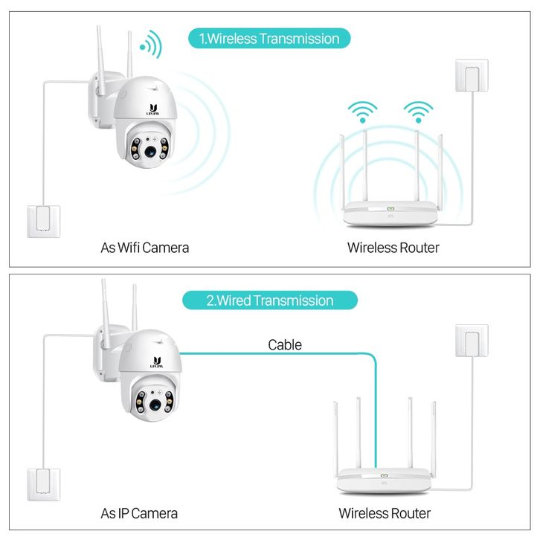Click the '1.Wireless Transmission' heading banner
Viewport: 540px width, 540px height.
269,39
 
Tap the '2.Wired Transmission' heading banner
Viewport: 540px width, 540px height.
270,300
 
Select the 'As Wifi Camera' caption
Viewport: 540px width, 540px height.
145,247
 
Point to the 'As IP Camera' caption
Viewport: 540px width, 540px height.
139,513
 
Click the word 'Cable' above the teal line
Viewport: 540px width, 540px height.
285,344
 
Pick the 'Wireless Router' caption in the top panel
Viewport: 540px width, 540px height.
393,247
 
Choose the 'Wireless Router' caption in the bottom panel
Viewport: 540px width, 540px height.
385,513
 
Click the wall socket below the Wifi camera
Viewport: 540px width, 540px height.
42,220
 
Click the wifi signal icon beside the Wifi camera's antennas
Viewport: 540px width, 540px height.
151,45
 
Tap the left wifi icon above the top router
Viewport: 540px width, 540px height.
363,112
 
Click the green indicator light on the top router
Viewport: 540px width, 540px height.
390,207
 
